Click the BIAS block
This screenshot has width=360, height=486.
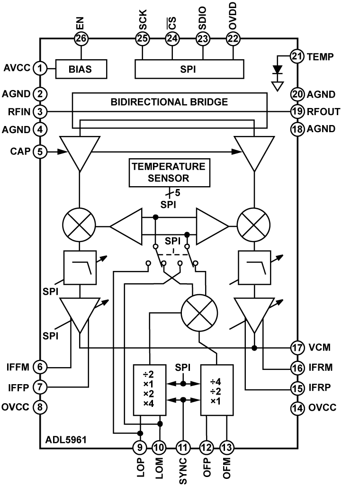coord(81,69)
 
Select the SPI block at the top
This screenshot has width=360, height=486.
coord(189,69)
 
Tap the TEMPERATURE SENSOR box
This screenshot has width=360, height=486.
coord(169,172)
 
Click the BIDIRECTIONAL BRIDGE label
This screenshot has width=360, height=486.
coord(169,102)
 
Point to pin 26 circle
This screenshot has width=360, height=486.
coord(81,39)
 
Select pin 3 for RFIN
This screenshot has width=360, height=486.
coord(40,112)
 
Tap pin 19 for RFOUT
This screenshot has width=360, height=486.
coord(297,111)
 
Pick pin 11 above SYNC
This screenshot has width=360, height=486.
coord(183,448)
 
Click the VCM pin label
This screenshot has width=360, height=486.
coord(319,347)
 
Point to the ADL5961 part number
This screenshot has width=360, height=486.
coord(66,440)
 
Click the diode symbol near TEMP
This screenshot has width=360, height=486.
coord(278,70)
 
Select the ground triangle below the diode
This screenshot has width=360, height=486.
coord(278,86)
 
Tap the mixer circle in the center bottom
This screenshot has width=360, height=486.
coord(199,313)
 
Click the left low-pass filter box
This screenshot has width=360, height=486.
coord(80,267)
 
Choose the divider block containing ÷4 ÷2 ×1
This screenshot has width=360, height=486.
coord(217,390)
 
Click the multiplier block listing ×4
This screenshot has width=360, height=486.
coord(150,390)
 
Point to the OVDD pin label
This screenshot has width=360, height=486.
coord(233,16)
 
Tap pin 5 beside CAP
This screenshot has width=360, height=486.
coord(40,152)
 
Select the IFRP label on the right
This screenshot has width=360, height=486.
coord(320,387)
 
